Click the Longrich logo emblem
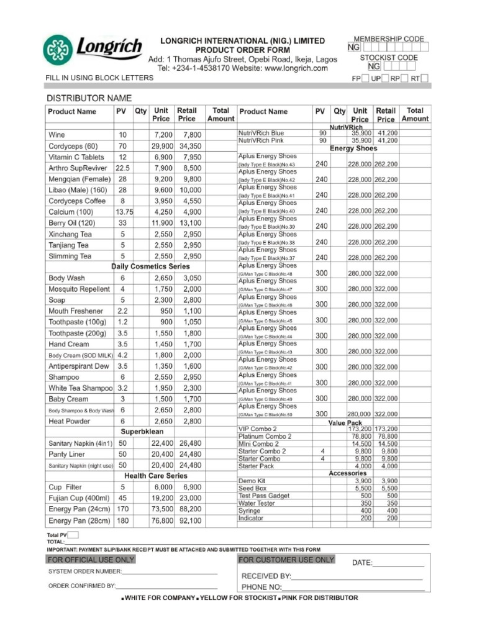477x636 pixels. [57, 50]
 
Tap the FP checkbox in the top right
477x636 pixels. [366, 79]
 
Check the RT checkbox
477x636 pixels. [425, 79]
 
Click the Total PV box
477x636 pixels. [73, 535]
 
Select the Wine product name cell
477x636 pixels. [57, 134]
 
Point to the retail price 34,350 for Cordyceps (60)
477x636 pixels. [189, 145]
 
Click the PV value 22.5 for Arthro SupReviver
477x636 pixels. [122, 168]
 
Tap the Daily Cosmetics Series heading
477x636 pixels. [151, 266]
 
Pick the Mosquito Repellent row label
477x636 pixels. [79, 289]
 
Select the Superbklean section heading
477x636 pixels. [142, 431]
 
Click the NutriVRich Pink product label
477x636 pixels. [261, 141]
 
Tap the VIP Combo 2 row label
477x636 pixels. [258, 429]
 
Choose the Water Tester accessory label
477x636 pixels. [257, 503]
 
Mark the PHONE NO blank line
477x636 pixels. [353, 587]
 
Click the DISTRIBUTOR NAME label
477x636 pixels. [89, 98]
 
